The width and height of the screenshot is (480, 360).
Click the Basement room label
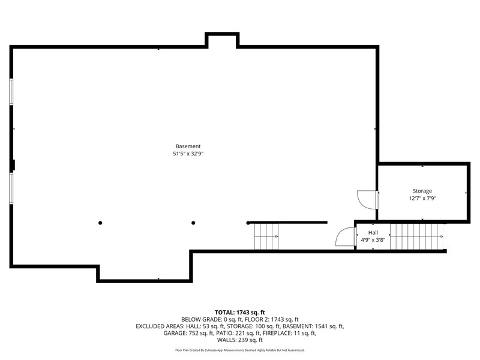click(188, 146)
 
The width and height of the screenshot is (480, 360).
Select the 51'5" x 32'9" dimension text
click(188, 154)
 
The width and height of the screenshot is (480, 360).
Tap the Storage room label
click(422, 191)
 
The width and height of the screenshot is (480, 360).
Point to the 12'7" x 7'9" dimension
click(422, 199)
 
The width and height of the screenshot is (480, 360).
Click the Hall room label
click(373, 233)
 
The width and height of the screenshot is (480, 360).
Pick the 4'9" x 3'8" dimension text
click(373, 240)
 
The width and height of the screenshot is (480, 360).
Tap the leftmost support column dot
click(100, 223)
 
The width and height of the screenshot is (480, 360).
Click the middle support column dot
click(193, 223)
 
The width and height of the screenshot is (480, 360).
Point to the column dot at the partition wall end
click(248, 223)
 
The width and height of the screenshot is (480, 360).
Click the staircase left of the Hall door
click(266, 236)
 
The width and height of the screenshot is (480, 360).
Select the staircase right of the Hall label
click(416, 236)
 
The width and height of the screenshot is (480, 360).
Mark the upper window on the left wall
click(11, 92)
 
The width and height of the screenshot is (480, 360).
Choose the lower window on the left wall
click(11, 188)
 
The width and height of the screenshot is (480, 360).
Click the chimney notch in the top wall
click(222, 40)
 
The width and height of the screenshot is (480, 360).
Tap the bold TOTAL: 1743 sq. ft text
click(239, 313)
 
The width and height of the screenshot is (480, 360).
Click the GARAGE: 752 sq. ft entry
click(188, 333)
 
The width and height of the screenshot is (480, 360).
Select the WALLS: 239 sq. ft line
click(239, 340)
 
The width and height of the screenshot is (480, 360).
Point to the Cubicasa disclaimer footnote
click(239, 350)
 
